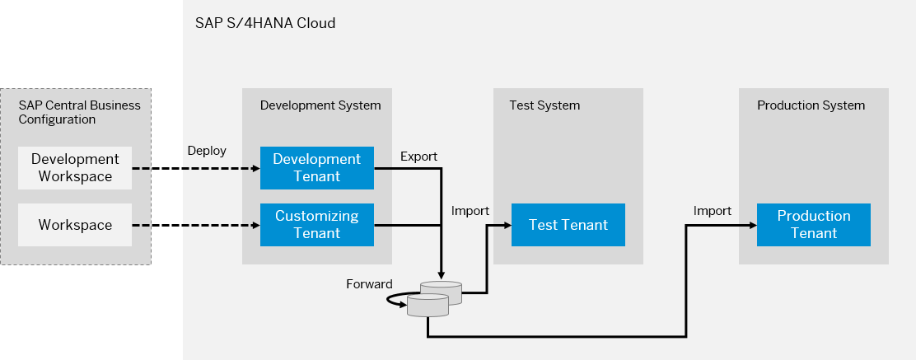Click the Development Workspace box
pyautogui.click(x=75, y=168)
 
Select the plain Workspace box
pyautogui.click(x=75, y=225)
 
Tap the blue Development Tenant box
pyautogui.click(x=316, y=168)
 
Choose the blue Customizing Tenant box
pyautogui.click(x=316, y=225)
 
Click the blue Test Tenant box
pyautogui.click(x=568, y=225)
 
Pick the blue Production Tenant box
pyautogui.click(x=814, y=225)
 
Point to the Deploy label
pyautogui.click(x=207, y=151)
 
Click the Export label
pyautogui.click(x=418, y=157)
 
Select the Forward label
pyautogui.click(x=369, y=284)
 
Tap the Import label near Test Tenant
pyautogui.click(x=470, y=211)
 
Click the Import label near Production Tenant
pyautogui.click(x=712, y=211)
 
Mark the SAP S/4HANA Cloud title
pyautogui.click(x=265, y=23)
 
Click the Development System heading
pyautogui.click(x=320, y=105)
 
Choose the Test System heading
pyautogui.click(x=544, y=105)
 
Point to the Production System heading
pyautogui.click(x=811, y=105)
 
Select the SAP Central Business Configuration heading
pyautogui.click(x=79, y=112)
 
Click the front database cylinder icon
pyautogui.click(x=428, y=305)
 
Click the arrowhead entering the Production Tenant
pyautogui.click(x=753, y=225)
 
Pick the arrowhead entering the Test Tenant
pyautogui.click(x=507, y=225)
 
